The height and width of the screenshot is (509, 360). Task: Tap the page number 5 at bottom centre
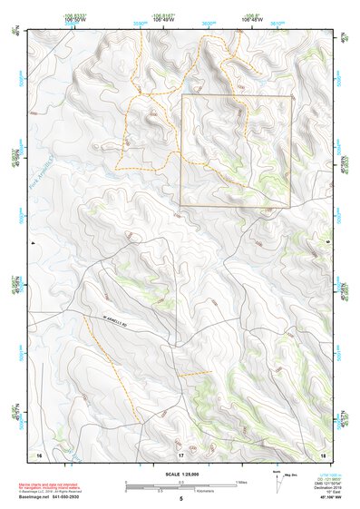click(x=181, y=499)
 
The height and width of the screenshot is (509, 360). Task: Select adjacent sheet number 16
click(x=39, y=453)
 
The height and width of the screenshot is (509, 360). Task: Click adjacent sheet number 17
click(x=180, y=453)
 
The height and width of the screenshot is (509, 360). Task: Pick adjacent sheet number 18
click(x=323, y=453)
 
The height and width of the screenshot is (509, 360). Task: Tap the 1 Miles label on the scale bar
click(x=240, y=482)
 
